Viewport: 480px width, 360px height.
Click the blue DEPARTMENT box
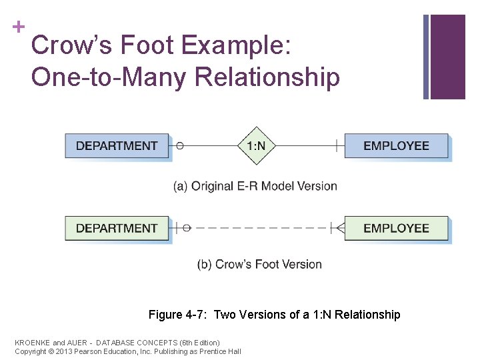(x=117, y=145)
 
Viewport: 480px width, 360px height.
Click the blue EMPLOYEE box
(x=396, y=145)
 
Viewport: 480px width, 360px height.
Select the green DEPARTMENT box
(x=117, y=228)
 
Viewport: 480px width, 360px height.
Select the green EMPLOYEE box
(x=396, y=228)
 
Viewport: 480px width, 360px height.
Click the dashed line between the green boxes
(x=260, y=228)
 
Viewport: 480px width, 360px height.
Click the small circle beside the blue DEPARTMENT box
(x=179, y=145)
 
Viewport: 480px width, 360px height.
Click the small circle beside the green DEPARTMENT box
(x=187, y=228)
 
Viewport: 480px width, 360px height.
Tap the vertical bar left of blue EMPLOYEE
(x=336, y=145)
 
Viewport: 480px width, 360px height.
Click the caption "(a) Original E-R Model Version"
(x=255, y=186)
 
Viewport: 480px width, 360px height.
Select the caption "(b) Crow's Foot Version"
(x=259, y=265)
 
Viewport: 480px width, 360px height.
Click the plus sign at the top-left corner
(x=19, y=27)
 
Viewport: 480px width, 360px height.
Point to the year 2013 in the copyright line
(x=64, y=351)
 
